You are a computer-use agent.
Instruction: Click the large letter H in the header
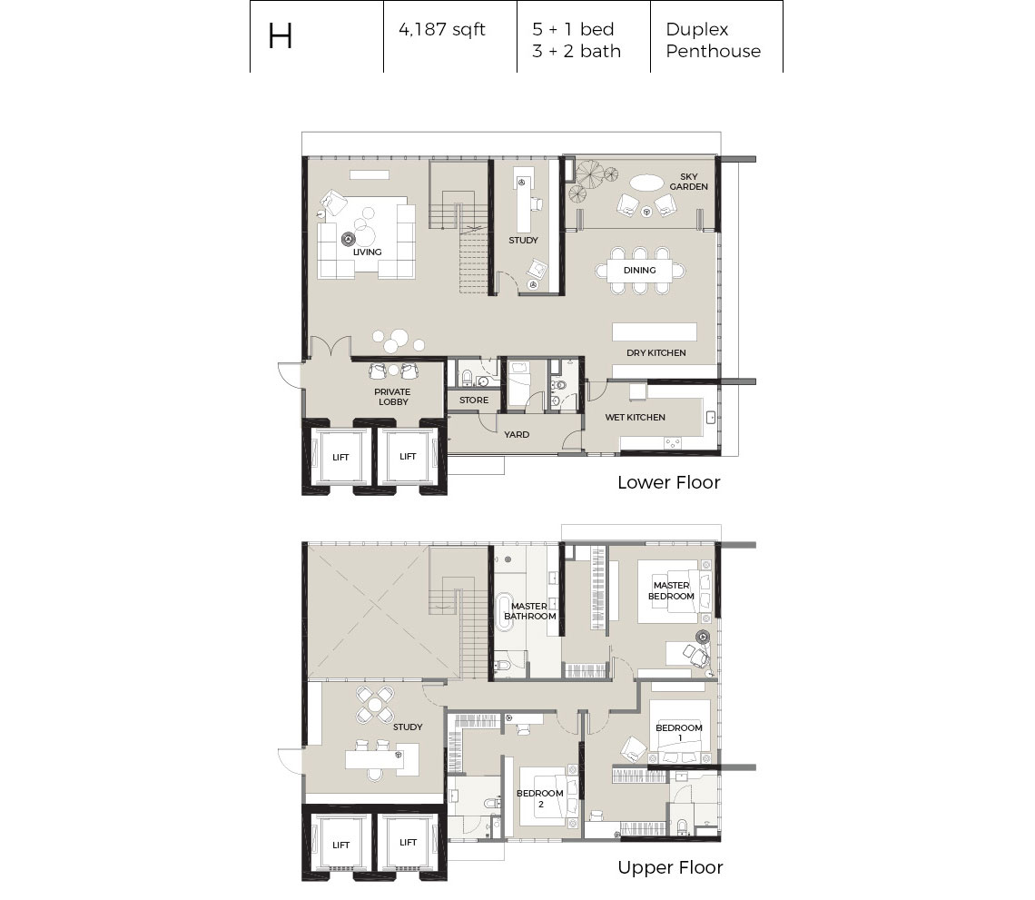click(280, 36)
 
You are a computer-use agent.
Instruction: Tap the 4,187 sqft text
click(441, 30)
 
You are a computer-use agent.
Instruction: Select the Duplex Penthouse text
click(713, 40)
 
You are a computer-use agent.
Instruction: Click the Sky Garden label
click(688, 182)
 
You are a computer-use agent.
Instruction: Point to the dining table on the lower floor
click(640, 270)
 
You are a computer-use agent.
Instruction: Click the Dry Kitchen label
click(656, 352)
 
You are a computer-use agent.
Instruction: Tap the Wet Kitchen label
click(635, 418)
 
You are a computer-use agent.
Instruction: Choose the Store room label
click(474, 401)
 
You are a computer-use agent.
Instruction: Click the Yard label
click(517, 434)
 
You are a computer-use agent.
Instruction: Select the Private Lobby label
click(393, 397)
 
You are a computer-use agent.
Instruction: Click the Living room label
click(367, 252)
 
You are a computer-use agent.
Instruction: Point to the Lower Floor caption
click(668, 482)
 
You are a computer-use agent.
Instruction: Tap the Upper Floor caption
click(670, 867)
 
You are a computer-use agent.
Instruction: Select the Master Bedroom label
click(671, 591)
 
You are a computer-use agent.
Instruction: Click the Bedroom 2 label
click(540, 798)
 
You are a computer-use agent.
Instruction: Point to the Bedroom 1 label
click(679, 732)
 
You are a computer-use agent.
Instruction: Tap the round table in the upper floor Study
click(375, 705)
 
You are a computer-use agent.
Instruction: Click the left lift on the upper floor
click(340, 846)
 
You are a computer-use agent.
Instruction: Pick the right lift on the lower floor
click(408, 456)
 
